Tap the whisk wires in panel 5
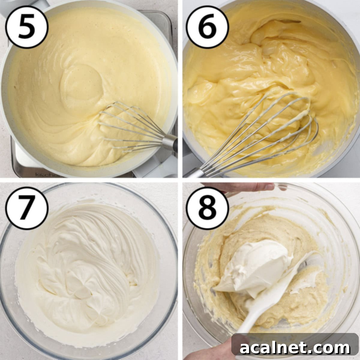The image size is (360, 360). coord(129,126)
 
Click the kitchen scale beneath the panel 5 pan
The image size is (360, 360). coord(24,165)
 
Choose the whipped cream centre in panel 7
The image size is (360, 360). coord(81,270)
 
